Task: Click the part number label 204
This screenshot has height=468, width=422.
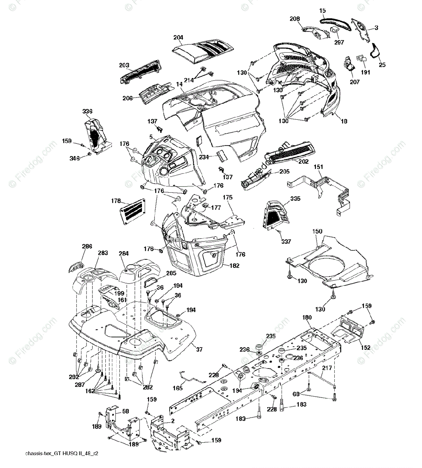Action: coord(178,37)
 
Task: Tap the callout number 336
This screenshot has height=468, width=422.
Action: coord(87,112)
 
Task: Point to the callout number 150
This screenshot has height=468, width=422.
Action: coord(317,232)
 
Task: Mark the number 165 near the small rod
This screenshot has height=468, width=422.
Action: coord(177,388)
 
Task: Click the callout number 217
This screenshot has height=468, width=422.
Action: coord(327,367)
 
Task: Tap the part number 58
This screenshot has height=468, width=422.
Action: coord(115,411)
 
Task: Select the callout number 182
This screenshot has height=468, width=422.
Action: coord(235,265)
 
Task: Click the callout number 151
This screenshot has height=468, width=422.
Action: coord(319,167)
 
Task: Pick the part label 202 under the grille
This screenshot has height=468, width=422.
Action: coord(303,161)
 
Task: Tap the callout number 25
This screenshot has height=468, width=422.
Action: coord(382,65)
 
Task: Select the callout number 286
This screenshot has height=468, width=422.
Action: coord(87,246)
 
